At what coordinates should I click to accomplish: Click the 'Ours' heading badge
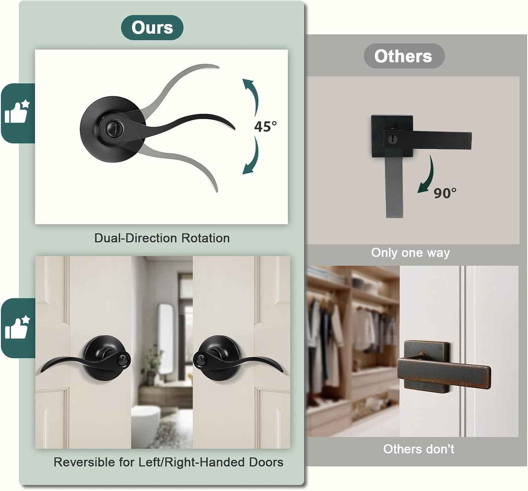pyautogui.click(x=152, y=28)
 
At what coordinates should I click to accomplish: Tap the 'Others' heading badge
pyautogui.click(x=404, y=56)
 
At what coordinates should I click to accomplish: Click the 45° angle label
pyautogui.click(x=265, y=126)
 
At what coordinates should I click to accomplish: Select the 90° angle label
pyautogui.click(x=445, y=193)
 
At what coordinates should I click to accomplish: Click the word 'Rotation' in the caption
pyautogui.click(x=205, y=238)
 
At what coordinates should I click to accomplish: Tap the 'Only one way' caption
pyautogui.click(x=410, y=253)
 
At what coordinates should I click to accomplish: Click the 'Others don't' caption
pyautogui.click(x=418, y=449)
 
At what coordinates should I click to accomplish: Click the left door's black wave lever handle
pyautogui.click(x=85, y=358)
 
